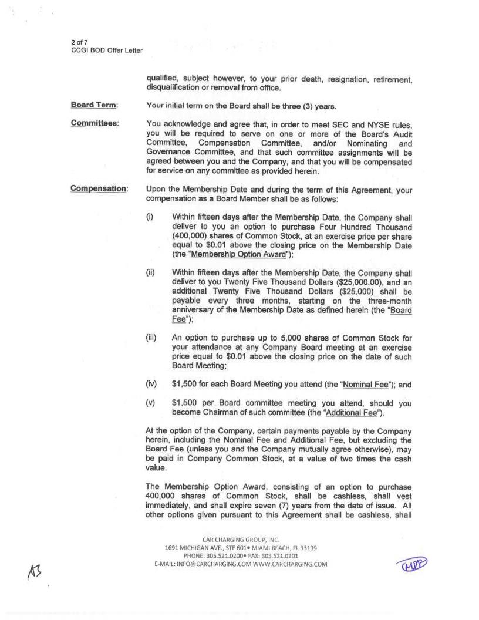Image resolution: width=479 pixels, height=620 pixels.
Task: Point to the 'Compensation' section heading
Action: tap(99, 188)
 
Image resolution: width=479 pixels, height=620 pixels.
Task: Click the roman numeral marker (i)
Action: tap(149, 217)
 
